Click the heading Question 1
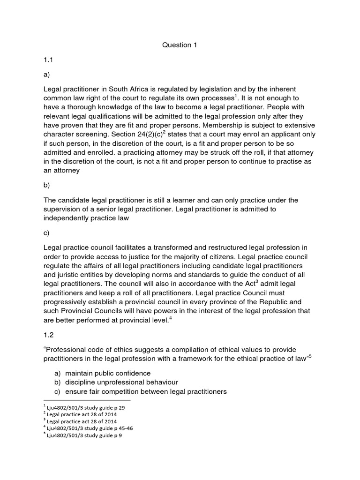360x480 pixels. [180, 45]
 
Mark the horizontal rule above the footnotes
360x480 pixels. [87, 401]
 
